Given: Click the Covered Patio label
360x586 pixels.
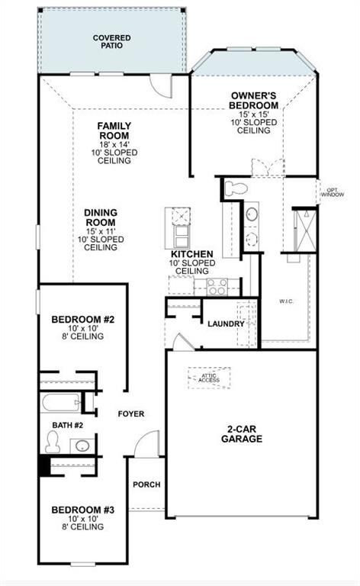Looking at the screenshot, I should (x=111, y=41).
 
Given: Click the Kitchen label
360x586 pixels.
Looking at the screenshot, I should (x=191, y=254).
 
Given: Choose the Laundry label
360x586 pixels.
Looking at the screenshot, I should (x=226, y=324).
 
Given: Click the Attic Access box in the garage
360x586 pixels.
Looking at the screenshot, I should (x=209, y=377).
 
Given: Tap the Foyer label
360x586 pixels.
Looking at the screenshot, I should (x=130, y=414).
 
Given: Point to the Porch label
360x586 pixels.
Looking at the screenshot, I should (x=146, y=485).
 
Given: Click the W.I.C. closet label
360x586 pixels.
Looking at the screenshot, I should (x=287, y=301).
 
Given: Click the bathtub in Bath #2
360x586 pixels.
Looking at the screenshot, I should (x=61, y=402).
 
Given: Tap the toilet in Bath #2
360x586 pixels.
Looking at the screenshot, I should (x=53, y=441).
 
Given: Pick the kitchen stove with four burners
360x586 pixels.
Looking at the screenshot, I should (x=216, y=287).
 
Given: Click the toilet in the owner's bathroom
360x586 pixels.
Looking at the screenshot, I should (x=236, y=188).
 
